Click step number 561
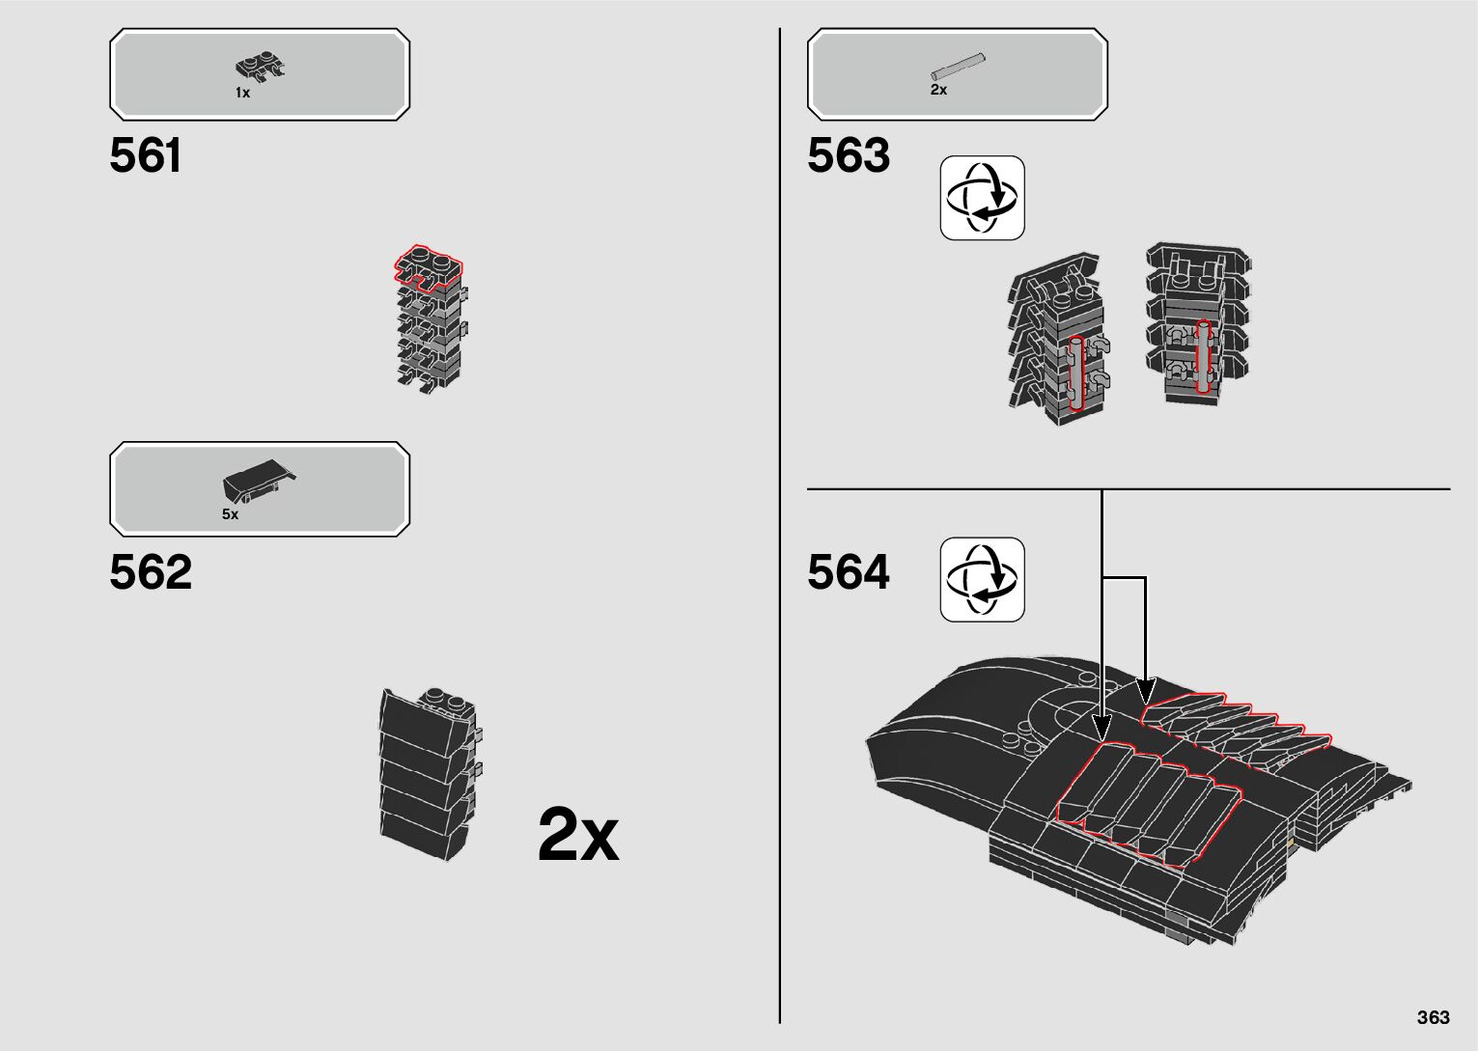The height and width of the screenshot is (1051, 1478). point(145,156)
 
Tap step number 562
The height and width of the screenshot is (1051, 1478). point(151,572)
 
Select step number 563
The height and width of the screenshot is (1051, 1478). point(848,156)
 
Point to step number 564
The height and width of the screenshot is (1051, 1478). point(848,572)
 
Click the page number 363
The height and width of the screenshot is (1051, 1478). point(1434,1017)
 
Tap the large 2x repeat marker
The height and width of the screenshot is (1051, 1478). point(577,835)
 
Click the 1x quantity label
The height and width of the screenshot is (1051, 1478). point(242,93)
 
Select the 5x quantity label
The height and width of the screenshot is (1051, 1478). point(230,514)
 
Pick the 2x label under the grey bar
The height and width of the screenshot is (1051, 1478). point(938,90)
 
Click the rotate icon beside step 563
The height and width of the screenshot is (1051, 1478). point(982,198)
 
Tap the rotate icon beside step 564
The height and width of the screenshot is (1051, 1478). point(982,579)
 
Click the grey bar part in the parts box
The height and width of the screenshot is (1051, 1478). point(958,67)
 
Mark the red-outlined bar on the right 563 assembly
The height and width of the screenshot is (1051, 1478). point(1203,356)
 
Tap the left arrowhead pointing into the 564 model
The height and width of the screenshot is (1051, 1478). point(1102,725)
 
